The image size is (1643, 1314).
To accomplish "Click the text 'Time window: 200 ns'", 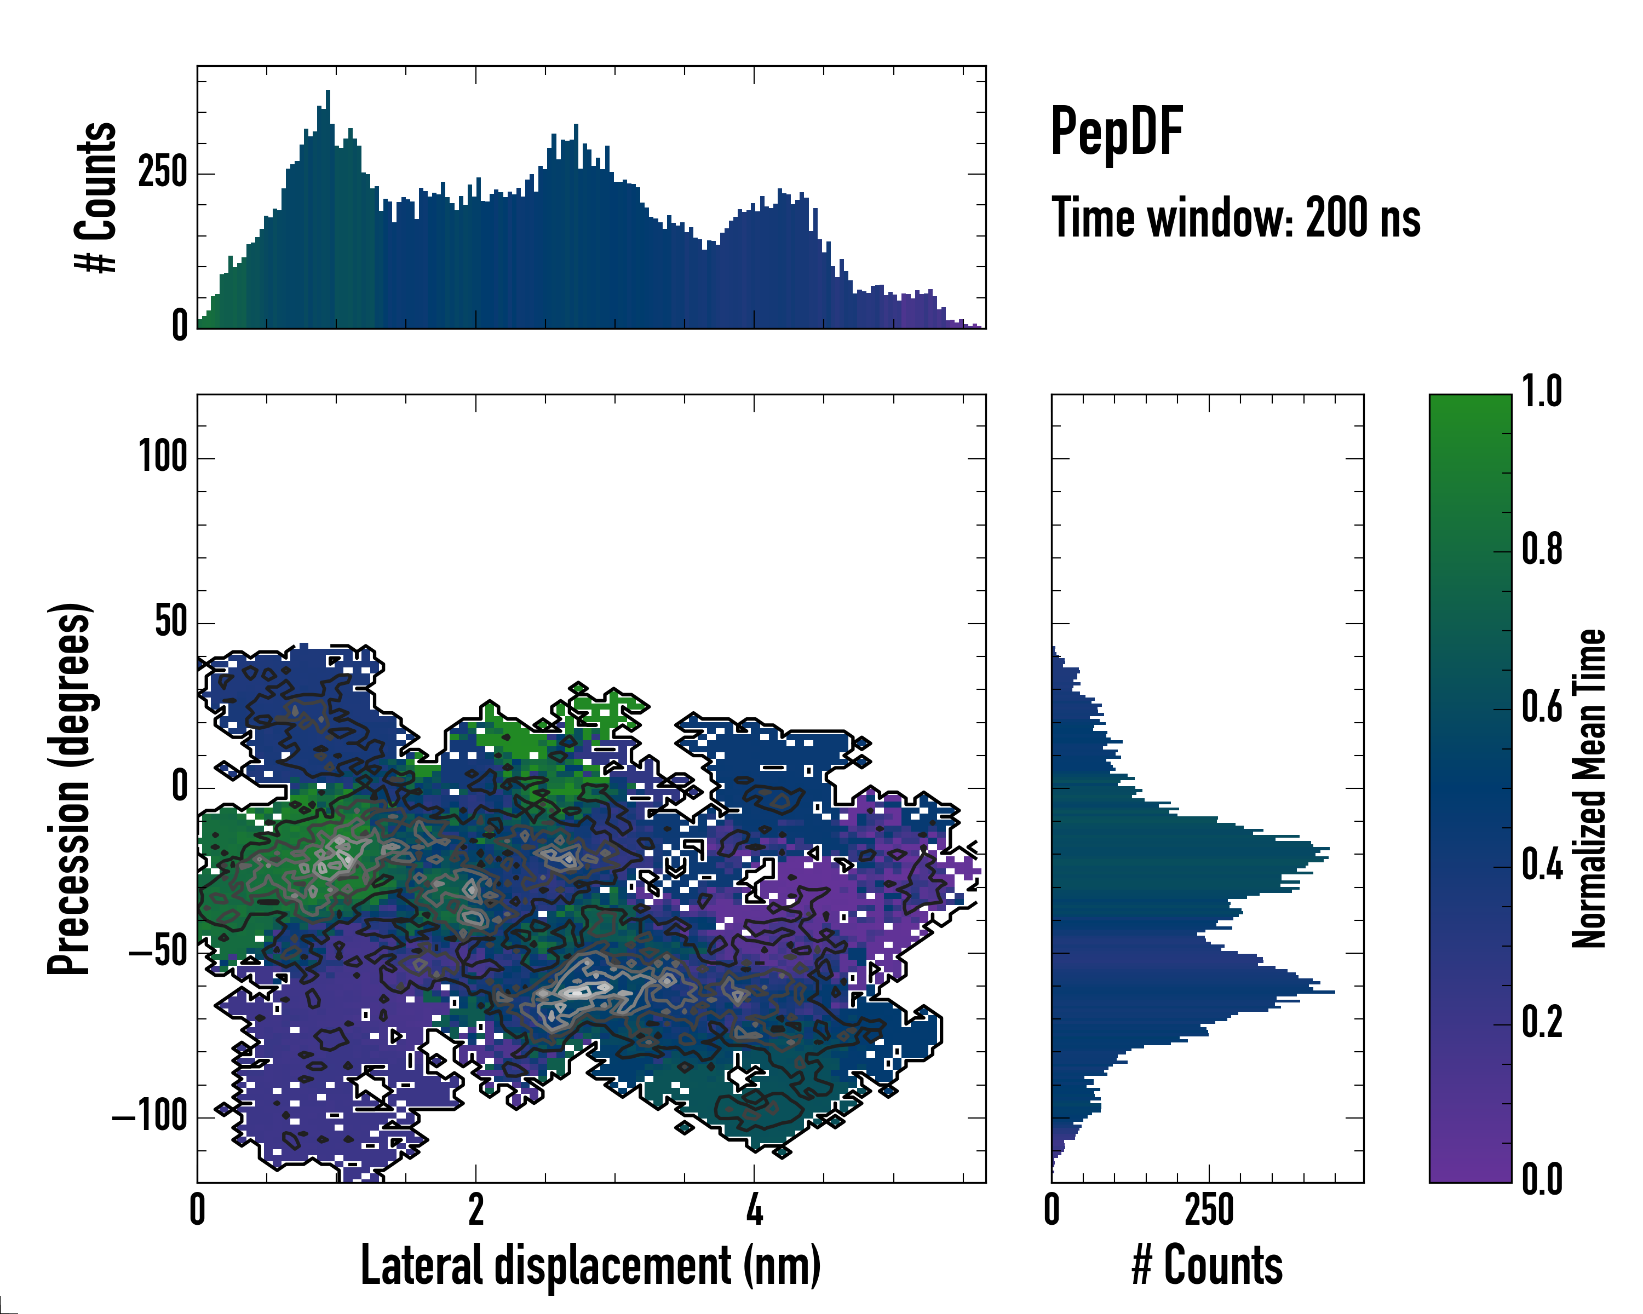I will coord(1236,218).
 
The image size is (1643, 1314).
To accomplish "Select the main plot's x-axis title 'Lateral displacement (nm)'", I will coord(590,1265).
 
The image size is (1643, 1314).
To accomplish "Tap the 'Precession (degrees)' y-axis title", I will coord(70,788).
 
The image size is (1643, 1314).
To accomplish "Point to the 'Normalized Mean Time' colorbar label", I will coord(1589,788).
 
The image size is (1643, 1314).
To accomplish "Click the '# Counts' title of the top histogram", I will coord(96,197).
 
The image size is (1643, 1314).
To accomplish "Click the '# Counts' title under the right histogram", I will coord(1207,1265).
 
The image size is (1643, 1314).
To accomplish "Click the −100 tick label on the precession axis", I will coord(150,1117).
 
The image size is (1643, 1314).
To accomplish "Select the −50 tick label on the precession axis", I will coord(158,953).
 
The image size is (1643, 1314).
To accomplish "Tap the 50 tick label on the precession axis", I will coord(171,623).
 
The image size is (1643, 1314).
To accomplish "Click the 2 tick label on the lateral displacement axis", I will coord(475,1209).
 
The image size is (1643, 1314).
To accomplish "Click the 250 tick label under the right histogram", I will coord(1209,1209).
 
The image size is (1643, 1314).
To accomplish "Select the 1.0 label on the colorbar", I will coord(1542,393).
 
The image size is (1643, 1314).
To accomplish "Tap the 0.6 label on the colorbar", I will coord(1542,708).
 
